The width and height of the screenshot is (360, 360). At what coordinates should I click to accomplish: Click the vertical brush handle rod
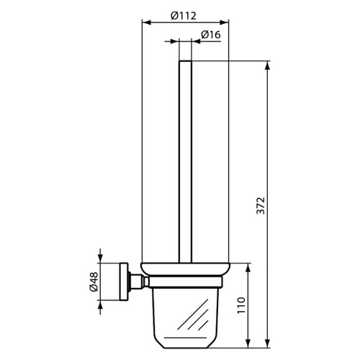pyautogui.click(x=184, y=158)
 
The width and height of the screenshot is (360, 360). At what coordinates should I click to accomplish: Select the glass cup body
pyautogui.click(x=184, y=310)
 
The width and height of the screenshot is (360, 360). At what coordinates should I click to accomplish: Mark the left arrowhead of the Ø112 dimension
pyautogui.click(x=142, y=23)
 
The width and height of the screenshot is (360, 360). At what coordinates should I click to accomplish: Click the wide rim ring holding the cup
pyautogui.click(x=184, y=269)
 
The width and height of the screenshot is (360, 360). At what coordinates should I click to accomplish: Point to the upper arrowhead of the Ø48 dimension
pyautogui.click(x=100, y=261)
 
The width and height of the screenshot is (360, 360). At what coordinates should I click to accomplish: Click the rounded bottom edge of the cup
pyautogui.click(x=184, y=338)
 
